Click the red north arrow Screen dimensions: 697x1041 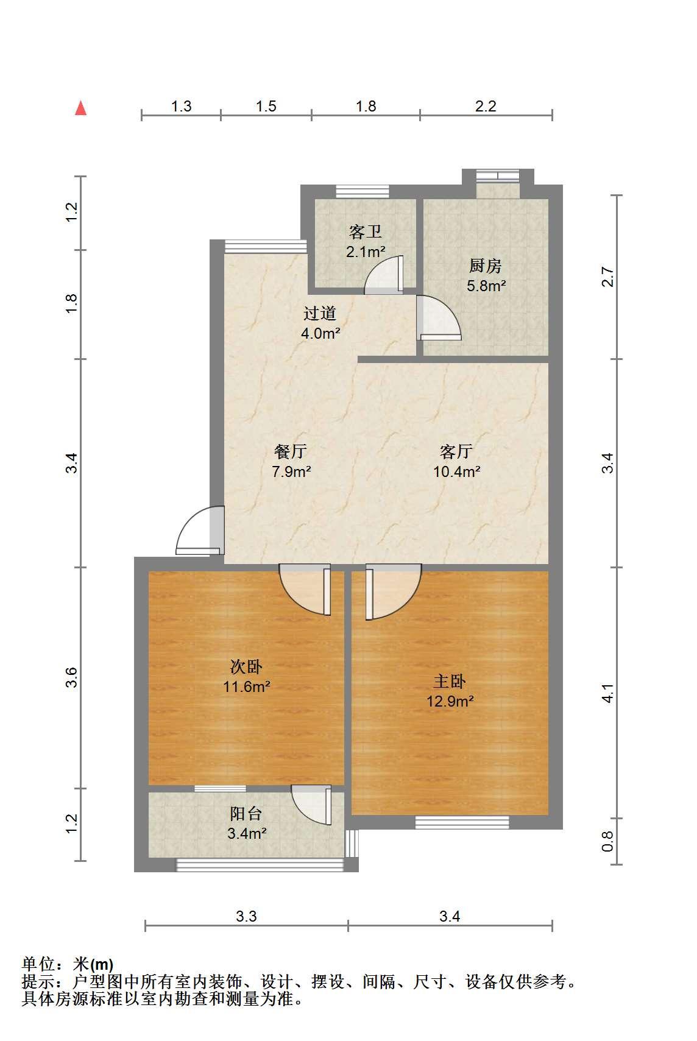point(81,108)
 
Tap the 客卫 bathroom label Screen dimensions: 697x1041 point(366,231)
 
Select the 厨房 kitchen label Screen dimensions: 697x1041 point(486,266)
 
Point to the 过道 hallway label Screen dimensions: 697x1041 point(320,313)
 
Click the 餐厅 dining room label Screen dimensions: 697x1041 point(291,451)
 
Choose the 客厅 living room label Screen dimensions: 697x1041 point(456,451)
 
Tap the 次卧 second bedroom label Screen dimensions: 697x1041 point(246,666)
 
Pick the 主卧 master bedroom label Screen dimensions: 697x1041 point(450,681)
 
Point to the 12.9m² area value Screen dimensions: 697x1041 point(450,701)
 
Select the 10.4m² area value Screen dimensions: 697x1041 point(456,471)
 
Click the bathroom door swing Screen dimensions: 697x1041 point(384,275)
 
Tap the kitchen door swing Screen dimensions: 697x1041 point(439,318)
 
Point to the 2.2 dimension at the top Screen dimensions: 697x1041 point(486,107)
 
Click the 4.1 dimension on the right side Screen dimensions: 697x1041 point(607,693)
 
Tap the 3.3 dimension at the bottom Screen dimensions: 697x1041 point(246,916)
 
